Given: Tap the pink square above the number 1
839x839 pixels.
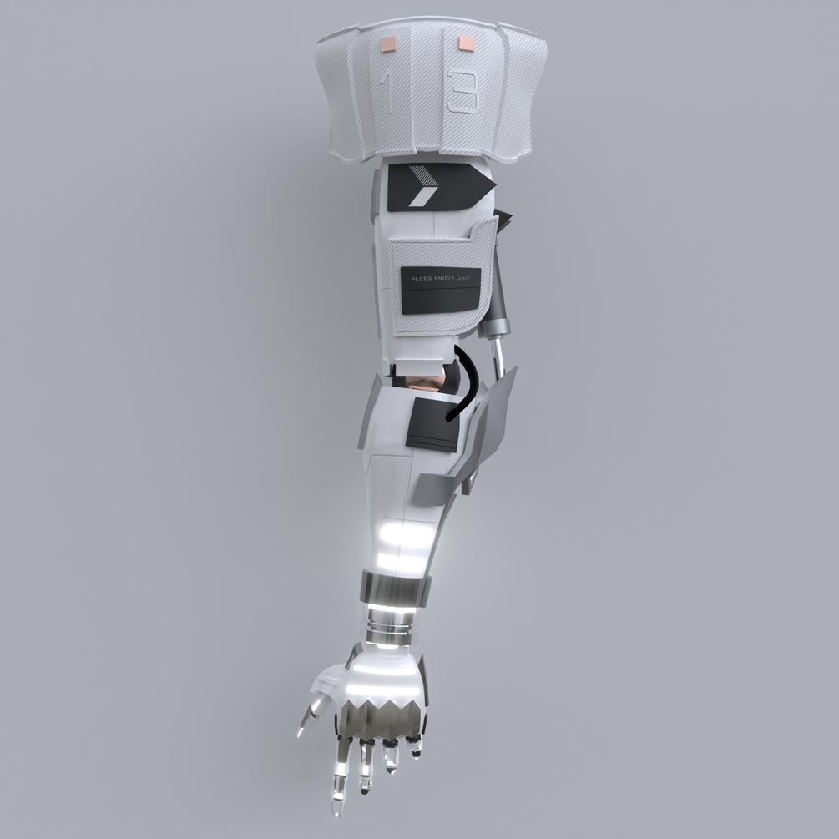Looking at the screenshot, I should click(388, 43).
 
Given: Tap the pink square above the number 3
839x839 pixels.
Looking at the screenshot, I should click(464, 41).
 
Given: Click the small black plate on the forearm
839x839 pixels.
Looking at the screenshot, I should click(432, 424).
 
